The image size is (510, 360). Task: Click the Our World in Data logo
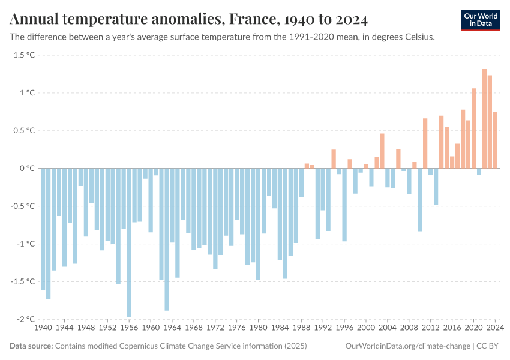480,20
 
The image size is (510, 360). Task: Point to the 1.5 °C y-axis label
24,55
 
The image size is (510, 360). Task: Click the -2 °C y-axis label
25,319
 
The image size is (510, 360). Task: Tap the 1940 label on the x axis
43,328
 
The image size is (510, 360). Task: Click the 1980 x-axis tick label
258,328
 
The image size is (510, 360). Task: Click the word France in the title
251,19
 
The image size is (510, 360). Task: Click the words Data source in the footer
31,346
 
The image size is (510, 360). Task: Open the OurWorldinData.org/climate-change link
408,346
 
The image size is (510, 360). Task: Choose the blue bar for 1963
167,239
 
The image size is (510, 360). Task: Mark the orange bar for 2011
425,143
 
